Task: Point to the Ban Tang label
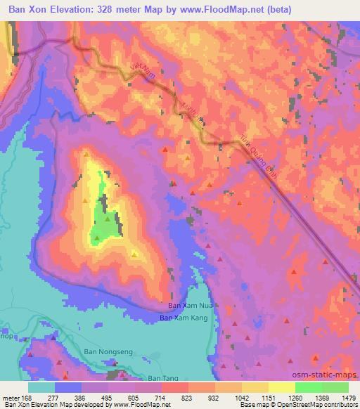[x=163, y=378]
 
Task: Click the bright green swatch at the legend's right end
[x=335, y=387]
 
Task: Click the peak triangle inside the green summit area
[x=108, y=219]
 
